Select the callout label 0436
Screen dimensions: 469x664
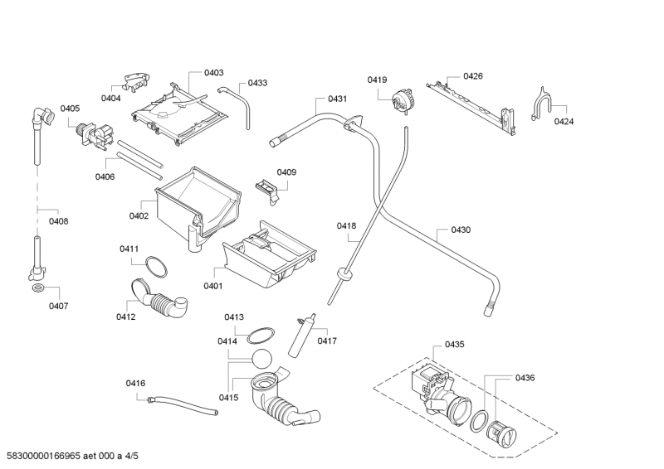pyautogui.click(x=525, y=378)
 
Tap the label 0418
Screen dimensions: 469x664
pyautogui.click(x=346, y=226)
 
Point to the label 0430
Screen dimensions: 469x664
pyautogui.click(x=461, y=230)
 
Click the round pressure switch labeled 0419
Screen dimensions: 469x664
pyautogui.click(x=404, y=100)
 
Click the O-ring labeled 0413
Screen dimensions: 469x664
pyautogui.click(x=261, y=333)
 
